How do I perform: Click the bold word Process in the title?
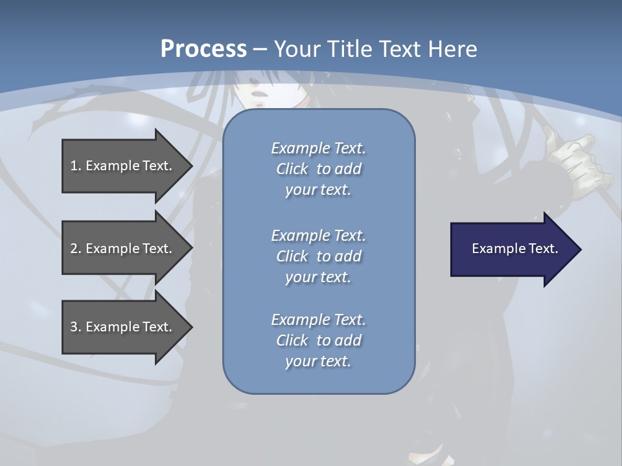coord(203,49)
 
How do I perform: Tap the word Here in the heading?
coord(452,49)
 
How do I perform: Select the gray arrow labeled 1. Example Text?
coord(123,166)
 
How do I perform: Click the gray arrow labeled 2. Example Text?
coord(123,249)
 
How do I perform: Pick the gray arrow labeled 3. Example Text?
coord(123,327)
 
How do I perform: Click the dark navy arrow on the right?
coord(512,249)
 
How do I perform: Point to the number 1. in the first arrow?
coord(76,166)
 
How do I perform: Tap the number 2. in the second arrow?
coord(76,249)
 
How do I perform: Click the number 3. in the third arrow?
coord(76,327)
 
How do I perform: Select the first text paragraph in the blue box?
coord(318,169)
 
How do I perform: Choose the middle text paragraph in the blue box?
coord(318,256)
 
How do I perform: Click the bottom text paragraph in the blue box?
coord(318,340)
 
